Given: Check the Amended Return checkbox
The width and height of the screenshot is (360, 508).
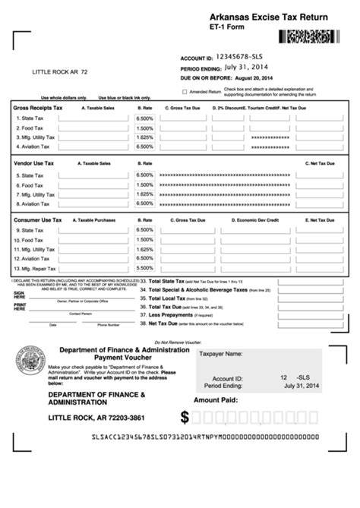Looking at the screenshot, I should click(185, 90).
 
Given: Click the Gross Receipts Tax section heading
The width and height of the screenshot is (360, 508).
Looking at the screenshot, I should click(38, 109).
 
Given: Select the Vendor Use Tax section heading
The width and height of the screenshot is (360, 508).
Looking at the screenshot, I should click(34, 163).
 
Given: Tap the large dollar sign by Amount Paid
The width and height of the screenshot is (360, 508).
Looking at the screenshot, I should click(185, 417).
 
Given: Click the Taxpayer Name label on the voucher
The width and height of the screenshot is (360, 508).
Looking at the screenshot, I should click(220, 354).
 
